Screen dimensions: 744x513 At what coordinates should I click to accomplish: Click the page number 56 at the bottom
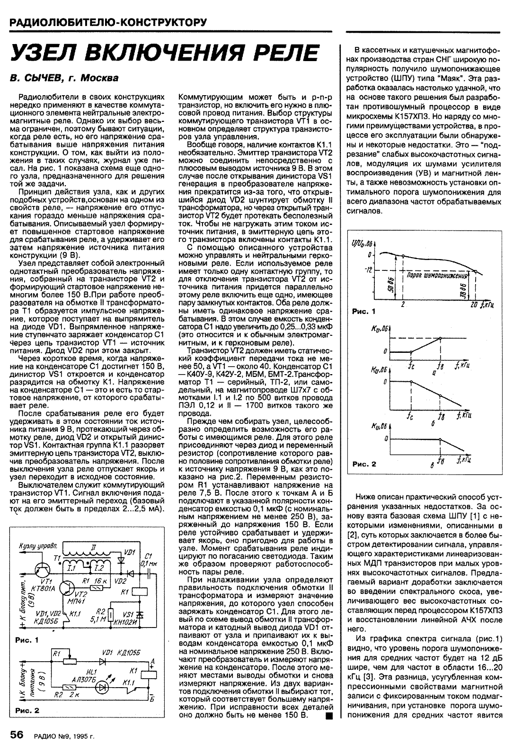[x=17, y=735]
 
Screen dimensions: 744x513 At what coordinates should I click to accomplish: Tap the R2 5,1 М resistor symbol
[x=110, y=614]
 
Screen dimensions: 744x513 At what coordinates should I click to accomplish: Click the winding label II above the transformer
[x=94, y=547]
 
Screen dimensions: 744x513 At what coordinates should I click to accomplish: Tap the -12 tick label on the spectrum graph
[x=368, y=270]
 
